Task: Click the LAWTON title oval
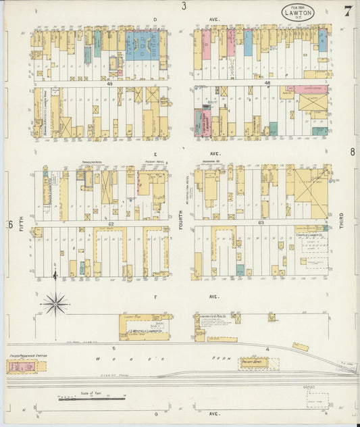point(298,11)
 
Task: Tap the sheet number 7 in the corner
point(347,11)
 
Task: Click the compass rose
point(55,303)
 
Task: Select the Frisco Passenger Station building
point(22,367)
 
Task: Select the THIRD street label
point(342,230)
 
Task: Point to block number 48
point(267,83)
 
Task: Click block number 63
point(261,222)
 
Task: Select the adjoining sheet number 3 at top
point(184,6)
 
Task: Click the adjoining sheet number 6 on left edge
point(10,224)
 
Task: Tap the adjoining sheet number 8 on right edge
point(352,152)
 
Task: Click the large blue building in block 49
point(142,46)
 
